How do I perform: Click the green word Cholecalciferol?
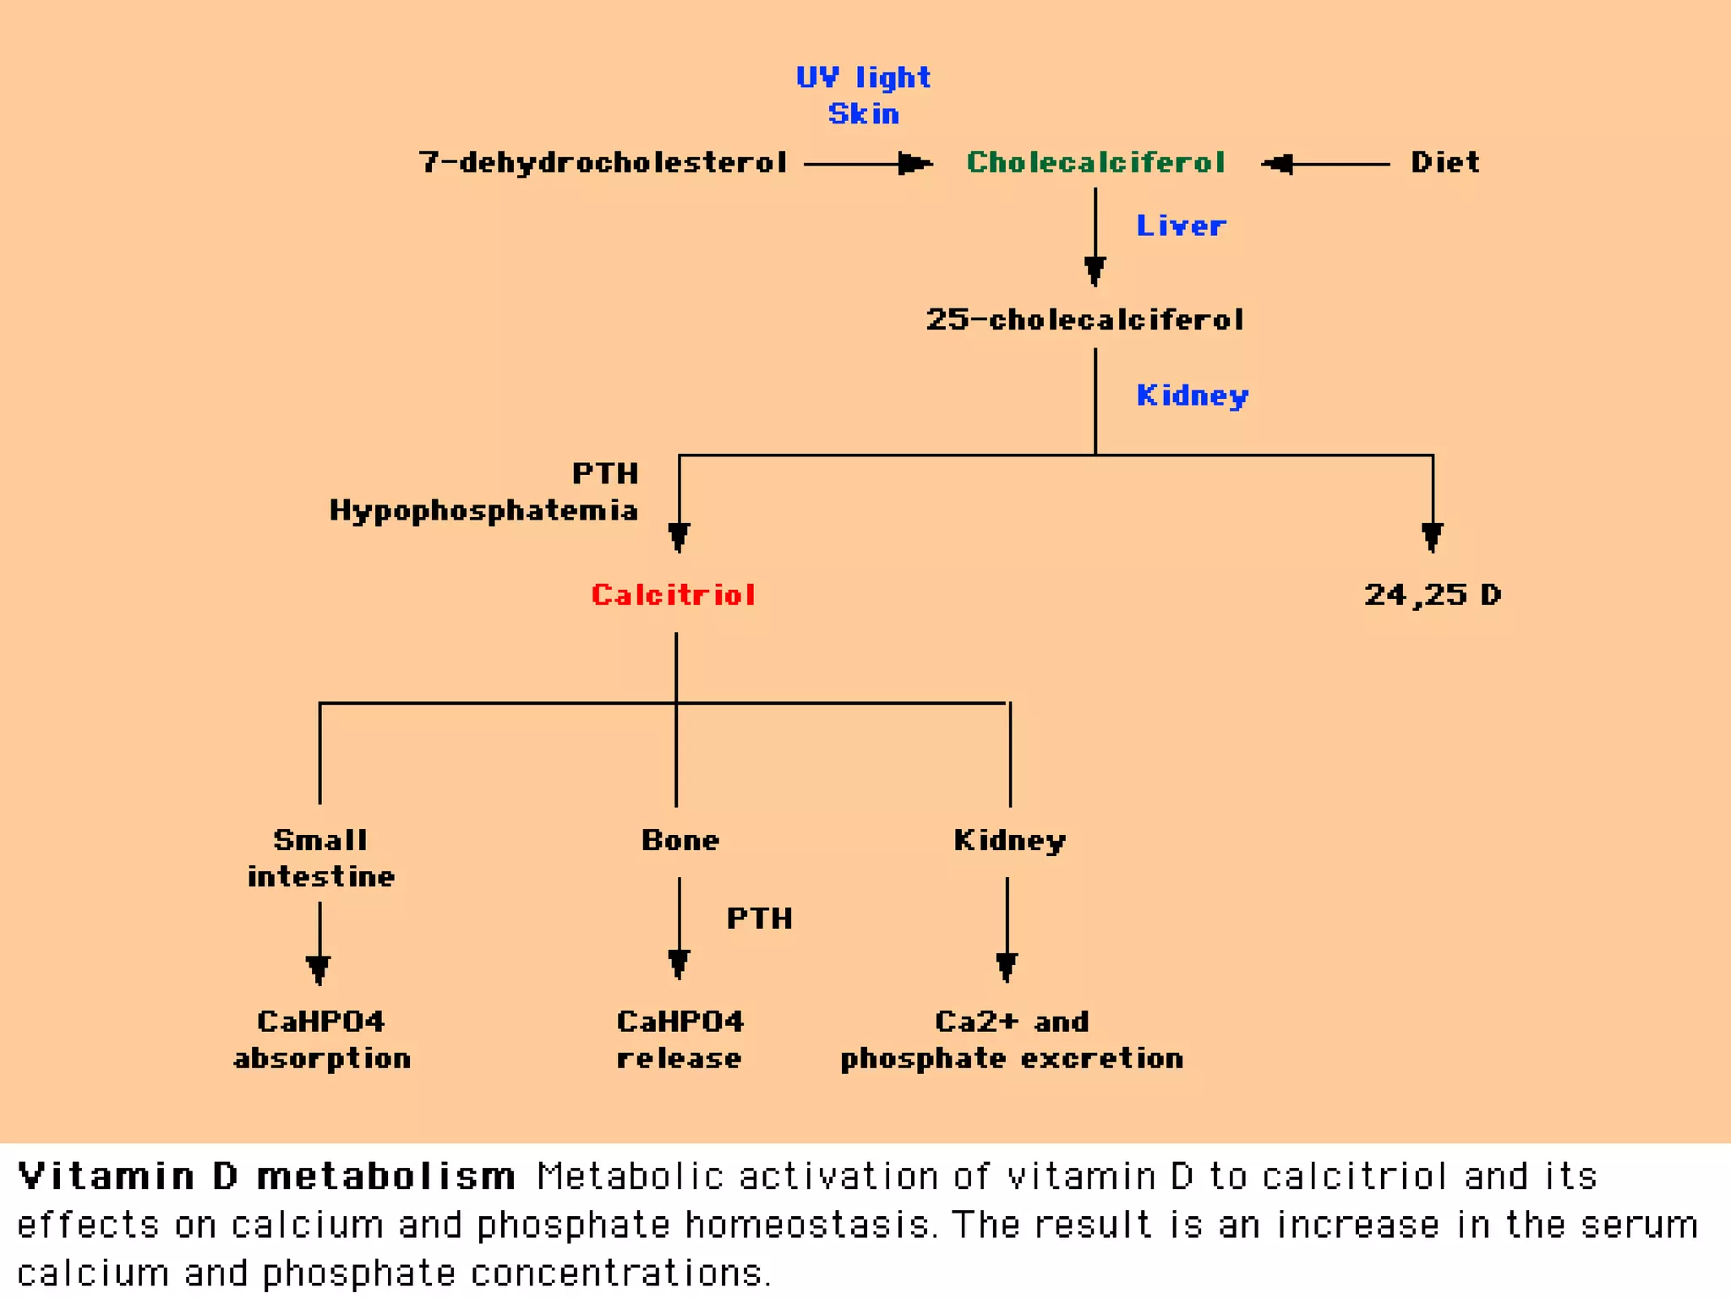(1095, 162)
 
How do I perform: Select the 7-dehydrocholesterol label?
(603, 162)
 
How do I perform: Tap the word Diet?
(1445, 162)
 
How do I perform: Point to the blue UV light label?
(863, 78)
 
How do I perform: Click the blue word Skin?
(863, 114)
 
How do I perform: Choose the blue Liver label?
(1181, 226)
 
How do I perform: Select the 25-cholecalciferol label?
(1084, 319)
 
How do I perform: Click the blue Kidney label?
(1193, 395)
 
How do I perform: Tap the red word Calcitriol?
(673, 595)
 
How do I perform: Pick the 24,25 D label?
(1433, 595)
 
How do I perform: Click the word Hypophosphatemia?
(483, 510)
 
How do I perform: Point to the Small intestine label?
(320, 858)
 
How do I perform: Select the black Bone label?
(680, 840)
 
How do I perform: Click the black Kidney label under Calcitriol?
(1010, 840)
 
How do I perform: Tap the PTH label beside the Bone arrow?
(760, 919)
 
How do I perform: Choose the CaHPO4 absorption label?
(321, 1039)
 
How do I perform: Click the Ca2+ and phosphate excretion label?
(1012, 1039)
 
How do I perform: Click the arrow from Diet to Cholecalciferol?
(1327, 164)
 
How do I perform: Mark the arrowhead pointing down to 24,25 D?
(1432, 536)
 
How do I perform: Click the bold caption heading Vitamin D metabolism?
(266, 1176)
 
